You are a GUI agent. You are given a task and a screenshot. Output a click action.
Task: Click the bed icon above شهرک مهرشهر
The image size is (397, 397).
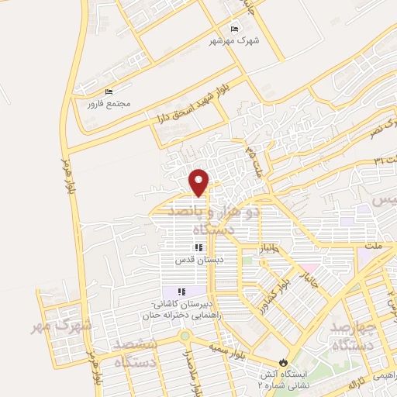click(235, 29)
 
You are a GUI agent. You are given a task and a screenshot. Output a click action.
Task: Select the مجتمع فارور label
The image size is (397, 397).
click(106, 103)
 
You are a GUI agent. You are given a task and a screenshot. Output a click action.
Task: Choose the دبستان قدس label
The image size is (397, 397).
click(198, 260)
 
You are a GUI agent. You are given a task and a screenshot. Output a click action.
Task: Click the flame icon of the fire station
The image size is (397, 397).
click(283, 362)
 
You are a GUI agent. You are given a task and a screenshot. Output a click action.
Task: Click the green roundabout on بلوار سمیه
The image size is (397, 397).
click(185, 336)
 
